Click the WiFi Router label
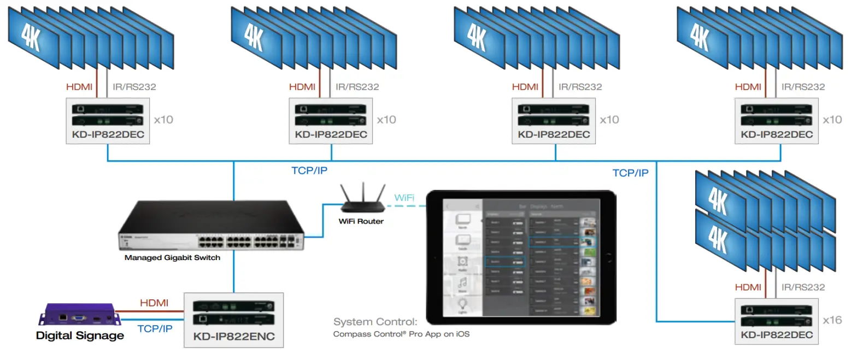361,221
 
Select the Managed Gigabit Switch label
172,257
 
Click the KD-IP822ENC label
233,337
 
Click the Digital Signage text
80,335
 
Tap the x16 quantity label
833,320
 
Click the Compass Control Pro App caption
401,334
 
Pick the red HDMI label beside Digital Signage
154,303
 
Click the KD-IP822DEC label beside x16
777,334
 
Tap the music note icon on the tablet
462,282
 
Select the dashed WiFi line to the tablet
404,206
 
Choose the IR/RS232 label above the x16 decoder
803,287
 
